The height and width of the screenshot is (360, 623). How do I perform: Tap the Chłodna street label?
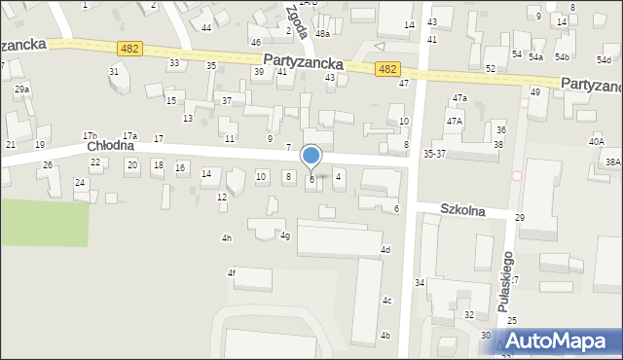(x=108, y=146)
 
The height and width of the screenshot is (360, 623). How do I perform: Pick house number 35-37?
(x=434, y=154)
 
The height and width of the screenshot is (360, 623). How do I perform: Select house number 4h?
(x=227, y=238)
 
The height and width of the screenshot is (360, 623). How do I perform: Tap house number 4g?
(x=285, y=235)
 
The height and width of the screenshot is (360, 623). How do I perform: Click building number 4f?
(x=232, y=273)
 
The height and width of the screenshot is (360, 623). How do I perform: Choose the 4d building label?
(x=385, y=250)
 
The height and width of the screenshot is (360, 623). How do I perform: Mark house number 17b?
(x=90, y=135)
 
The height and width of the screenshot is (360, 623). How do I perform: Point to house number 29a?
(x=21, y=90)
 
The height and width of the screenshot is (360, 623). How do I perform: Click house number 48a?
(x=322, y=33)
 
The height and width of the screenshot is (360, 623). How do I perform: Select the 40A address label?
(x=596, y=141)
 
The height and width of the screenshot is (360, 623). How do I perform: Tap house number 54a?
(x=535, y=57)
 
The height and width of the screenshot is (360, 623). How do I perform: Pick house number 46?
(x=255, y=43)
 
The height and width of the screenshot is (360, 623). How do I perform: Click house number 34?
(x=420, y=283)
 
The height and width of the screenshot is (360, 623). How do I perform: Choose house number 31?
(x=114, y=71)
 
